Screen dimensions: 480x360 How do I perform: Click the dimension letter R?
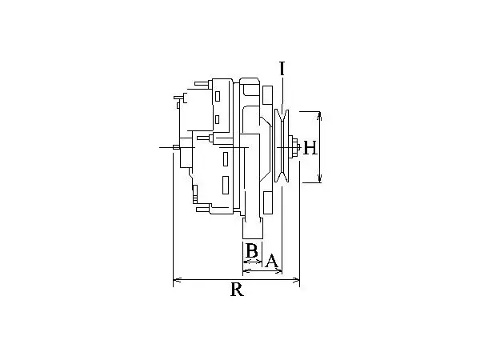point(237,290)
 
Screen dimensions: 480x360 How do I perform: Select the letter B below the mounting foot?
point(252,250)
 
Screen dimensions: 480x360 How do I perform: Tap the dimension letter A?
point(272,261)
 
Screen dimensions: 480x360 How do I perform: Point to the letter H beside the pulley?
point(310,148)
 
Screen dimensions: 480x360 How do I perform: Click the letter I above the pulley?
point(282,68)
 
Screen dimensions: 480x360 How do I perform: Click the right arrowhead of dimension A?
point(278,270)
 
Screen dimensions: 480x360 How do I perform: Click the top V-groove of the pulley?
point(282,115)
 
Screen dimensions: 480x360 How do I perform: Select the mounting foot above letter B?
point(253,228)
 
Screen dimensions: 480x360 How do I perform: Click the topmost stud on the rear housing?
point(203,83)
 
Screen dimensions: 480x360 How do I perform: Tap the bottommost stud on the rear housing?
point(203,209)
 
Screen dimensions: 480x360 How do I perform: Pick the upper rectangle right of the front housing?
point(267,95)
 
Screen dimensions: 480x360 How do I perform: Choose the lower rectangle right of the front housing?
point(268,202)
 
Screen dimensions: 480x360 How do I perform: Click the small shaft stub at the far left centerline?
point(176,147)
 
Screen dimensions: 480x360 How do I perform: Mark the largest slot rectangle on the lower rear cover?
point(226,185)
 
